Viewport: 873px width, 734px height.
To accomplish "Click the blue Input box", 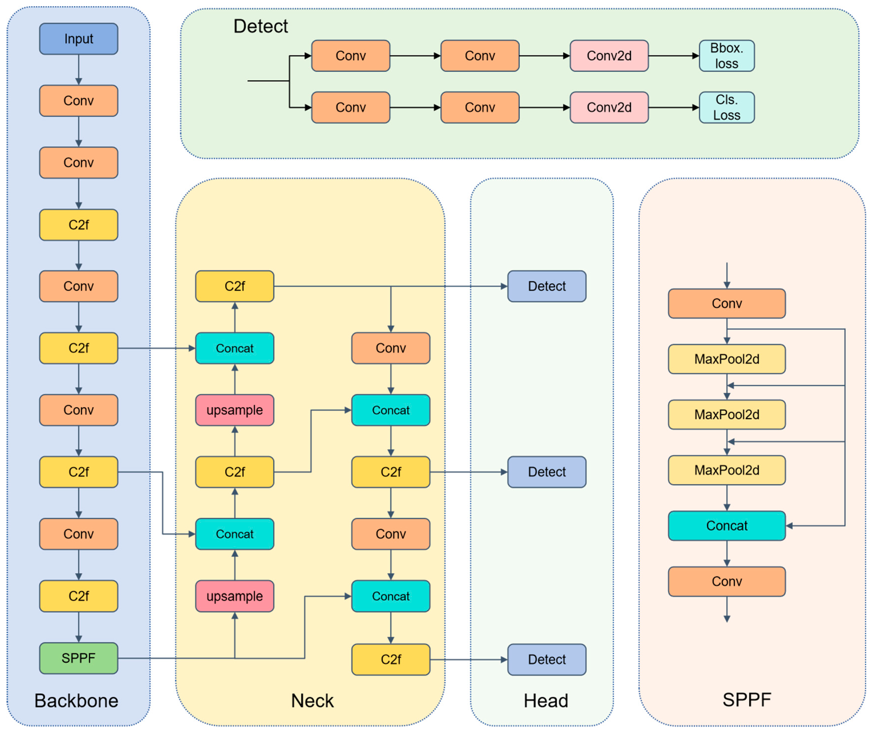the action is [x=79, y=39].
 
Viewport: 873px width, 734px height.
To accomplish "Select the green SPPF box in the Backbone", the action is [x=79, y=658].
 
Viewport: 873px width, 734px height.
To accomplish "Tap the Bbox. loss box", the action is [x=727, y=56].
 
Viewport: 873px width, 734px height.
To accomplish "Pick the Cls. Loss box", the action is [x=727, y=107].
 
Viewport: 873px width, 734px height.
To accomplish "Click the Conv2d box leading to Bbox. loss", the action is [x=609, y=56].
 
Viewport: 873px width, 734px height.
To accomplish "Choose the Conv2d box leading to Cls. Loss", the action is [x=609, y=107].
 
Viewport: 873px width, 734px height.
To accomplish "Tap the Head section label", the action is [x=546, y=701].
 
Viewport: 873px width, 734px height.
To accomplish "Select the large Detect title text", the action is [x=260, y=26].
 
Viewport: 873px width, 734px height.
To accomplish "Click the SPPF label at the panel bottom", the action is [x=747, y=700].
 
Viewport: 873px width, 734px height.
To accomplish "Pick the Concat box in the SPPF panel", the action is [x=727, y=525].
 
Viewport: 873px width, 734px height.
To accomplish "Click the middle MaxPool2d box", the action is [x=727, y=414].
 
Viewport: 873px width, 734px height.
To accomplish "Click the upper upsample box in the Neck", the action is [x=235, y=410].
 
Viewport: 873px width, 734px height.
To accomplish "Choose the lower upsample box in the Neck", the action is [x=235, y=596].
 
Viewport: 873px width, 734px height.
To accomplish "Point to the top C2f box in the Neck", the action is [x=235, y=286].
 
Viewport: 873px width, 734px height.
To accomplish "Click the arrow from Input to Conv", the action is [x=79, y=70].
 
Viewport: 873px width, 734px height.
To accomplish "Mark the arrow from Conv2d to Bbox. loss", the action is [x=674, y=56].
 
